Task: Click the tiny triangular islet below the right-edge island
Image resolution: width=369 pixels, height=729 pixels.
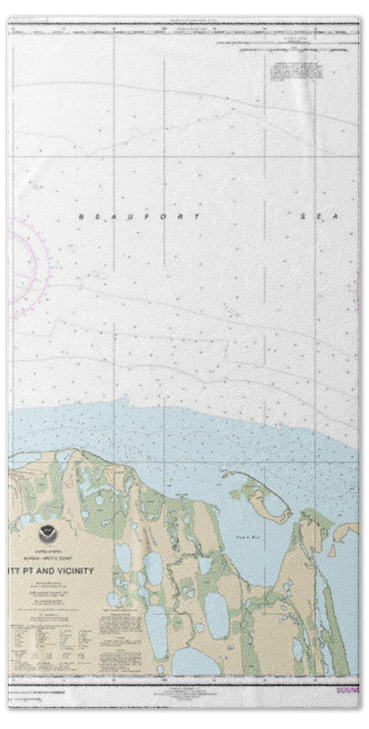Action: click(333, 551)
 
